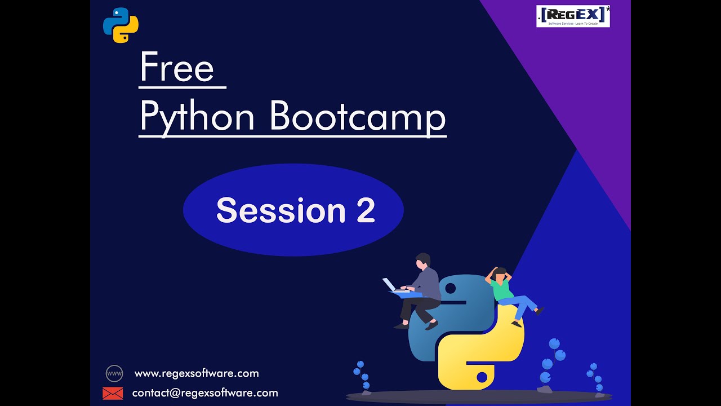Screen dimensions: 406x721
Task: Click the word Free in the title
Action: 177,68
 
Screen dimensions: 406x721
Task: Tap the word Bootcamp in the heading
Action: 358,117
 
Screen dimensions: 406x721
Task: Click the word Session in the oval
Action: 281,210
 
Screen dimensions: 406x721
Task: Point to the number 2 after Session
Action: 366,210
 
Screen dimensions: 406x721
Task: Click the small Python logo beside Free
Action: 121,25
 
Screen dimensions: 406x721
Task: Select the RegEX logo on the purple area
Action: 573,16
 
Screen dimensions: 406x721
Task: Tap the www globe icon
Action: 114,373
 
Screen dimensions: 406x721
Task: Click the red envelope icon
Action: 113,393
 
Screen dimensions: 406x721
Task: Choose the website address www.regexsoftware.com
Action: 197,373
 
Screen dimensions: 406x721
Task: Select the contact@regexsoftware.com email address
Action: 205,393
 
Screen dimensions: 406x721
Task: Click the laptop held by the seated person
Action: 390,285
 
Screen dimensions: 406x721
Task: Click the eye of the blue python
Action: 450,289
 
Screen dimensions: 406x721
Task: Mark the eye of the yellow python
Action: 482,376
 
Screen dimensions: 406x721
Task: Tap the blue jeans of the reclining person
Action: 521,305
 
